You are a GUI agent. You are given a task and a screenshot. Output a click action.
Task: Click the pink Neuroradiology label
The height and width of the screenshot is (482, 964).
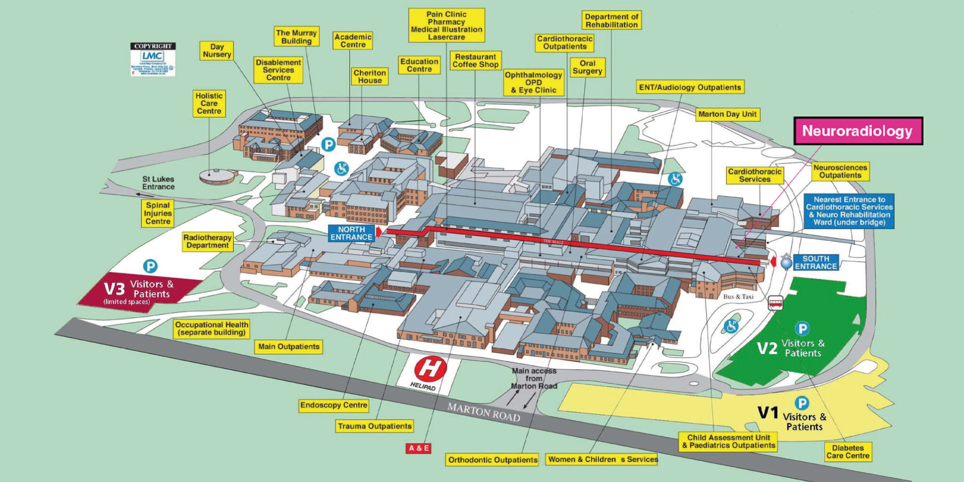858,131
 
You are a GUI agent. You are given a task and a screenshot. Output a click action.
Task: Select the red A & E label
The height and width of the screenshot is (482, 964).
418,448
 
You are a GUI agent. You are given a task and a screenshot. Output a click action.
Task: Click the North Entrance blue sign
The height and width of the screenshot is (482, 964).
351,233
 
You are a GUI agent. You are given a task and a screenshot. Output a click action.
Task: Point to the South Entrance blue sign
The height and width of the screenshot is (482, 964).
816,262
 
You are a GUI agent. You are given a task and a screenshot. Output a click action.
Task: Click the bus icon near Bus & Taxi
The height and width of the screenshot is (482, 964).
776,303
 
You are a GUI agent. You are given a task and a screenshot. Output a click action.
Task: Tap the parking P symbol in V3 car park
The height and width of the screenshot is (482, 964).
150,266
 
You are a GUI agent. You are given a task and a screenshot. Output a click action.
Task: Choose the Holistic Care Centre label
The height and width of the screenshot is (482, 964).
209,104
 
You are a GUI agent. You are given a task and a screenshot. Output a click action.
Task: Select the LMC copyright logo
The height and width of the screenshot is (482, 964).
153,59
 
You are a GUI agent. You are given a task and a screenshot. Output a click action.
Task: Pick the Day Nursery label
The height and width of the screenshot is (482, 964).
217,50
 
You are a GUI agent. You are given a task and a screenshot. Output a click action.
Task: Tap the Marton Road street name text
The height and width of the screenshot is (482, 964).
483,412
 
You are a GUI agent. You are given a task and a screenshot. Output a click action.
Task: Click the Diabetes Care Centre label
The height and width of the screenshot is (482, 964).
847,452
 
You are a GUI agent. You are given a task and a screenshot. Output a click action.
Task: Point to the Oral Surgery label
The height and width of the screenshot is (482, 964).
587,67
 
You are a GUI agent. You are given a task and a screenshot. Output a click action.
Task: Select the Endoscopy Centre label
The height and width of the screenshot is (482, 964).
333,405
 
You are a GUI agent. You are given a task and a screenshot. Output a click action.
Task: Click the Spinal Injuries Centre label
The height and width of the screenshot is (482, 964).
158,213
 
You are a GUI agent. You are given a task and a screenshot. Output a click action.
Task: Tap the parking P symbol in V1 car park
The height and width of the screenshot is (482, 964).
802,403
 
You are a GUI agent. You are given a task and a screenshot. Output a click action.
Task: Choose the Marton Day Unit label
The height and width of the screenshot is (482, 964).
727,114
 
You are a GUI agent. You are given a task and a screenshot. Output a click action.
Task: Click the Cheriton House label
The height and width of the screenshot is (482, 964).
370,76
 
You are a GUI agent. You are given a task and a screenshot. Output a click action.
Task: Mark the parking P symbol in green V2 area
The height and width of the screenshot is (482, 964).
802,329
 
